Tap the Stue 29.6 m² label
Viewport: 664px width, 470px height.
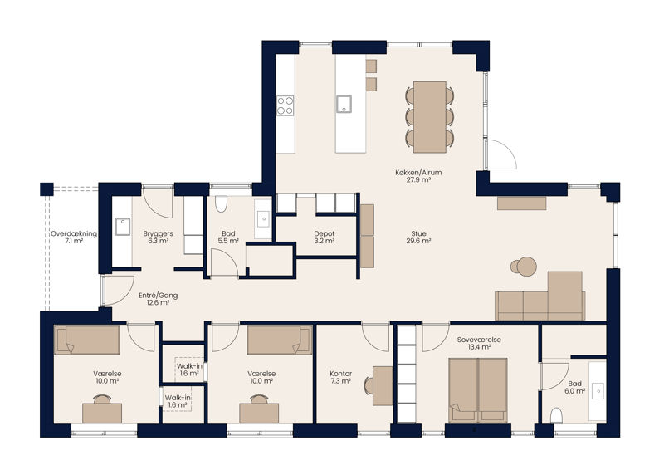(418, 237)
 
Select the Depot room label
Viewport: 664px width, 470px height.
(325, 233)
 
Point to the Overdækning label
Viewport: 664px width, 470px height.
(74, 233)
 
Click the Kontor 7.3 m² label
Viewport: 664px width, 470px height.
(341, 378)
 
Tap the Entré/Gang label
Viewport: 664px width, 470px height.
(158, 296)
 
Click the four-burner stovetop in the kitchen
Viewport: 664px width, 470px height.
(285, 105)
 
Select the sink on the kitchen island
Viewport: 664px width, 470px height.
(344, 105)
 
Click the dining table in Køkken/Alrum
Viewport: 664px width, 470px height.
(430, 117)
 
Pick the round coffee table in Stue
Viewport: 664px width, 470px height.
(527, 267)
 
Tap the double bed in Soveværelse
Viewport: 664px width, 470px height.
(478, 390)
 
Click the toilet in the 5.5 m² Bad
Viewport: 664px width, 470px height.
(221, 203)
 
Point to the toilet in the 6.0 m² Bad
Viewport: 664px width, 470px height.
(556, 416)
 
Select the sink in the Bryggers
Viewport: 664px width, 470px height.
(123, 227)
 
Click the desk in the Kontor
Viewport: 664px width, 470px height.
(383, 386)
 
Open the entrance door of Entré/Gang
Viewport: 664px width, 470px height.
(118, 291)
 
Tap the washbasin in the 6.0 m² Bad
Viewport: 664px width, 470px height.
(598, 391)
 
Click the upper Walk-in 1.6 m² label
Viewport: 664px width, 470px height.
(189, 370)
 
